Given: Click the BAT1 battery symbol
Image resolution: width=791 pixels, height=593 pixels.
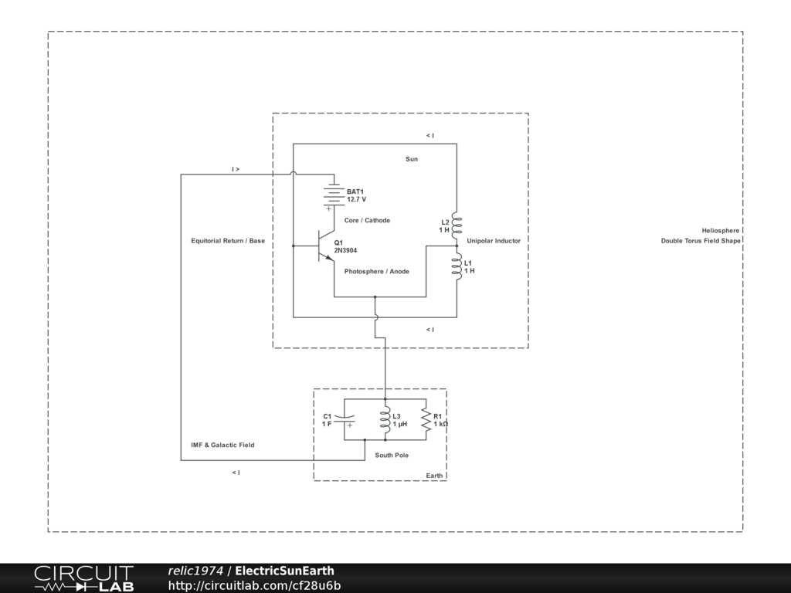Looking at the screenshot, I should click(x=333, y=195).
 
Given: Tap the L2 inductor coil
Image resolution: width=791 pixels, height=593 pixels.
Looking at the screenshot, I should click(x=457, y=225).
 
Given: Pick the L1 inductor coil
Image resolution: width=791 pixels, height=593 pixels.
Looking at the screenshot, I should click(x=457, y=266).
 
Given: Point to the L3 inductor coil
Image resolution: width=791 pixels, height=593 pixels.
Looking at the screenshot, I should click(x=385, y=420).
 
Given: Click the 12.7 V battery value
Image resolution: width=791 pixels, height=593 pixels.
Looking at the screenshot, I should click(x=356, y=199).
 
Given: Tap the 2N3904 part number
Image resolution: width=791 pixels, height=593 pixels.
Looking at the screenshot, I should click(x=345, y=251).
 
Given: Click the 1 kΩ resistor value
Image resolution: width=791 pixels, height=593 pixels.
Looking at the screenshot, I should click(x=441, y=424).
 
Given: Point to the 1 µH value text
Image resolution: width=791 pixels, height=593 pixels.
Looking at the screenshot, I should click(x=400, y=424).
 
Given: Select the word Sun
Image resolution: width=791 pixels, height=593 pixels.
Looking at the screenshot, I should click(x=412, y=159).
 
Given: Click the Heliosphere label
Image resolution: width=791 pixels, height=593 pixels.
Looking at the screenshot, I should click(x=721, y=230).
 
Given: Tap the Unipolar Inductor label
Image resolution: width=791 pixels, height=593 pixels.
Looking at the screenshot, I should click(x=494, y=241).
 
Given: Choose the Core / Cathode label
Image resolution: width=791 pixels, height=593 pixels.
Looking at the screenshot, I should click(x=367, y=220).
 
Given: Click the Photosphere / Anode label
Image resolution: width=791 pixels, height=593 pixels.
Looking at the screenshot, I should click(x=377, y=271).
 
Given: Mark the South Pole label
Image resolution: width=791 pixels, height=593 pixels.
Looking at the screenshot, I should click(x=392, y=455).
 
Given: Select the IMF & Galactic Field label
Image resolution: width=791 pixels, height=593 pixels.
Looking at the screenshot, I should click(x=222, y=445).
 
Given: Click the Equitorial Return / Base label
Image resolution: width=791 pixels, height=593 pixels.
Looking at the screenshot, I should click(x=228, y=241).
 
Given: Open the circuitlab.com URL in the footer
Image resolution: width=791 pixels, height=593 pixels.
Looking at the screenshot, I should click(x=254, y=585).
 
